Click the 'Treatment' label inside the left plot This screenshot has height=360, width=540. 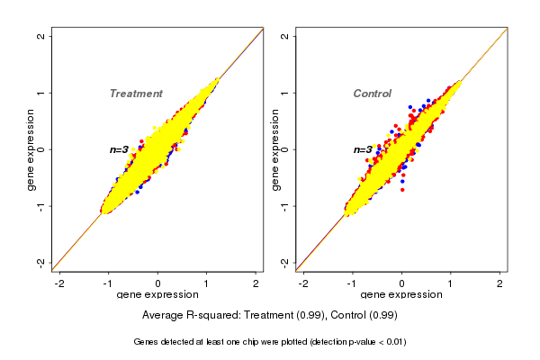tap(136, 94)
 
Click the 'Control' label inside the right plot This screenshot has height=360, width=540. tap(372, 94)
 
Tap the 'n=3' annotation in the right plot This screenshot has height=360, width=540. tap(363, 149)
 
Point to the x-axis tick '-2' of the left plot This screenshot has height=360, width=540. tap(59, 283)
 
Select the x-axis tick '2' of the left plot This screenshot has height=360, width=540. tap(256, 283)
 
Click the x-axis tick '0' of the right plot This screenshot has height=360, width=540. tap(401, 283)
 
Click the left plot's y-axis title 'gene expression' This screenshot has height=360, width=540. tap(31, 149)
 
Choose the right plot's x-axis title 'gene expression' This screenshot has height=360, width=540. tap(401, 295)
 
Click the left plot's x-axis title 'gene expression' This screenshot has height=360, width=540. tap(157, 295)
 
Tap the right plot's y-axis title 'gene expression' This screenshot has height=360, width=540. tap(274, 149)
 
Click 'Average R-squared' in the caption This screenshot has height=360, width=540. tap(188, 316)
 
